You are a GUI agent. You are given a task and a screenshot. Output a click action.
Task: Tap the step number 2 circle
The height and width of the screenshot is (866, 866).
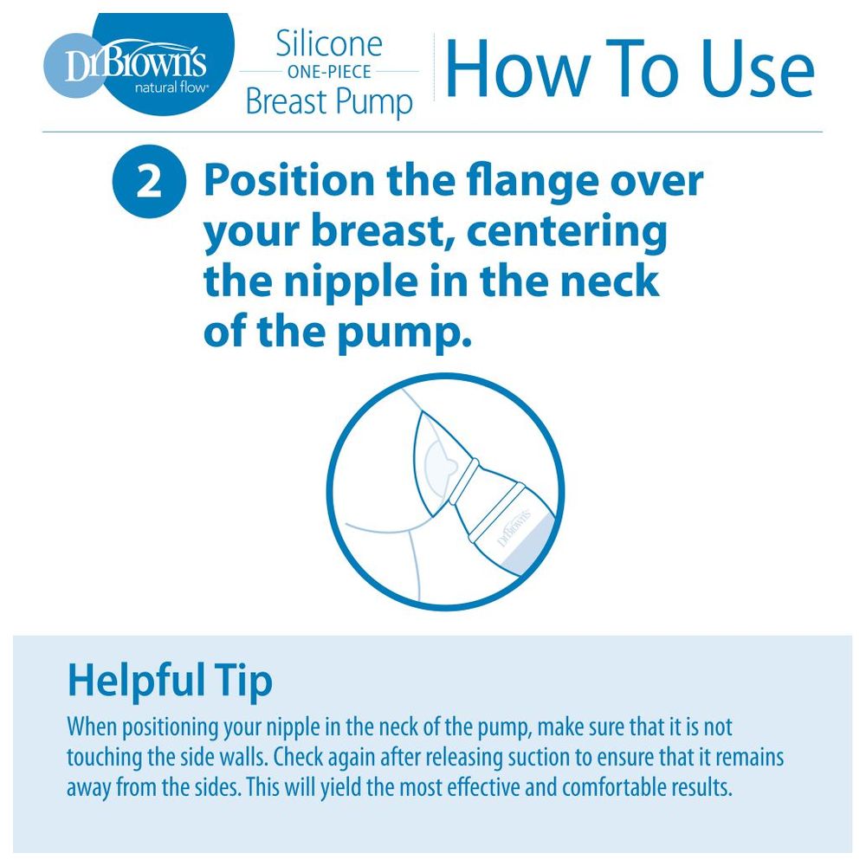pyautogui.click(x=149, y=181)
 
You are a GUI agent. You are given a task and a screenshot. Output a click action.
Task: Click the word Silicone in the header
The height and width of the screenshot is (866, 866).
pyautogui.click(x=329, y=43)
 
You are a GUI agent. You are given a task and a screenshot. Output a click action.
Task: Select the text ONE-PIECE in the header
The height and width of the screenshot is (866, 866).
pyautogui.click(x=329, y=72)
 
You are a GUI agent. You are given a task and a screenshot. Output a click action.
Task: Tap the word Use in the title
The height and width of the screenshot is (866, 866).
pyautogui.click(x=758, y=70)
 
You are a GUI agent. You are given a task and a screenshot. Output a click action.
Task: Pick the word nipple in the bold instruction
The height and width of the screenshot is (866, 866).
pyautogui.click(x=351, y=281)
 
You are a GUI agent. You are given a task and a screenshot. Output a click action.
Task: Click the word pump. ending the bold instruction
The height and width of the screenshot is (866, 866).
pyautogui.click(x=404, y=333)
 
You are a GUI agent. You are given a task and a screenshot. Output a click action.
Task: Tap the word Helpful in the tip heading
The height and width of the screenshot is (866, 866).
pyautogui.click(x=132, y=681)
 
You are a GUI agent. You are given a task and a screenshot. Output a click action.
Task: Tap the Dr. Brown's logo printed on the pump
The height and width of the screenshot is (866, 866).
pyautogui.click(x=514, y=528)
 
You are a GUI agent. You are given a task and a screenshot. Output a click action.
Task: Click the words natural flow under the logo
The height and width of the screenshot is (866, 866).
pyautogui.click(x=171, y=87)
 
